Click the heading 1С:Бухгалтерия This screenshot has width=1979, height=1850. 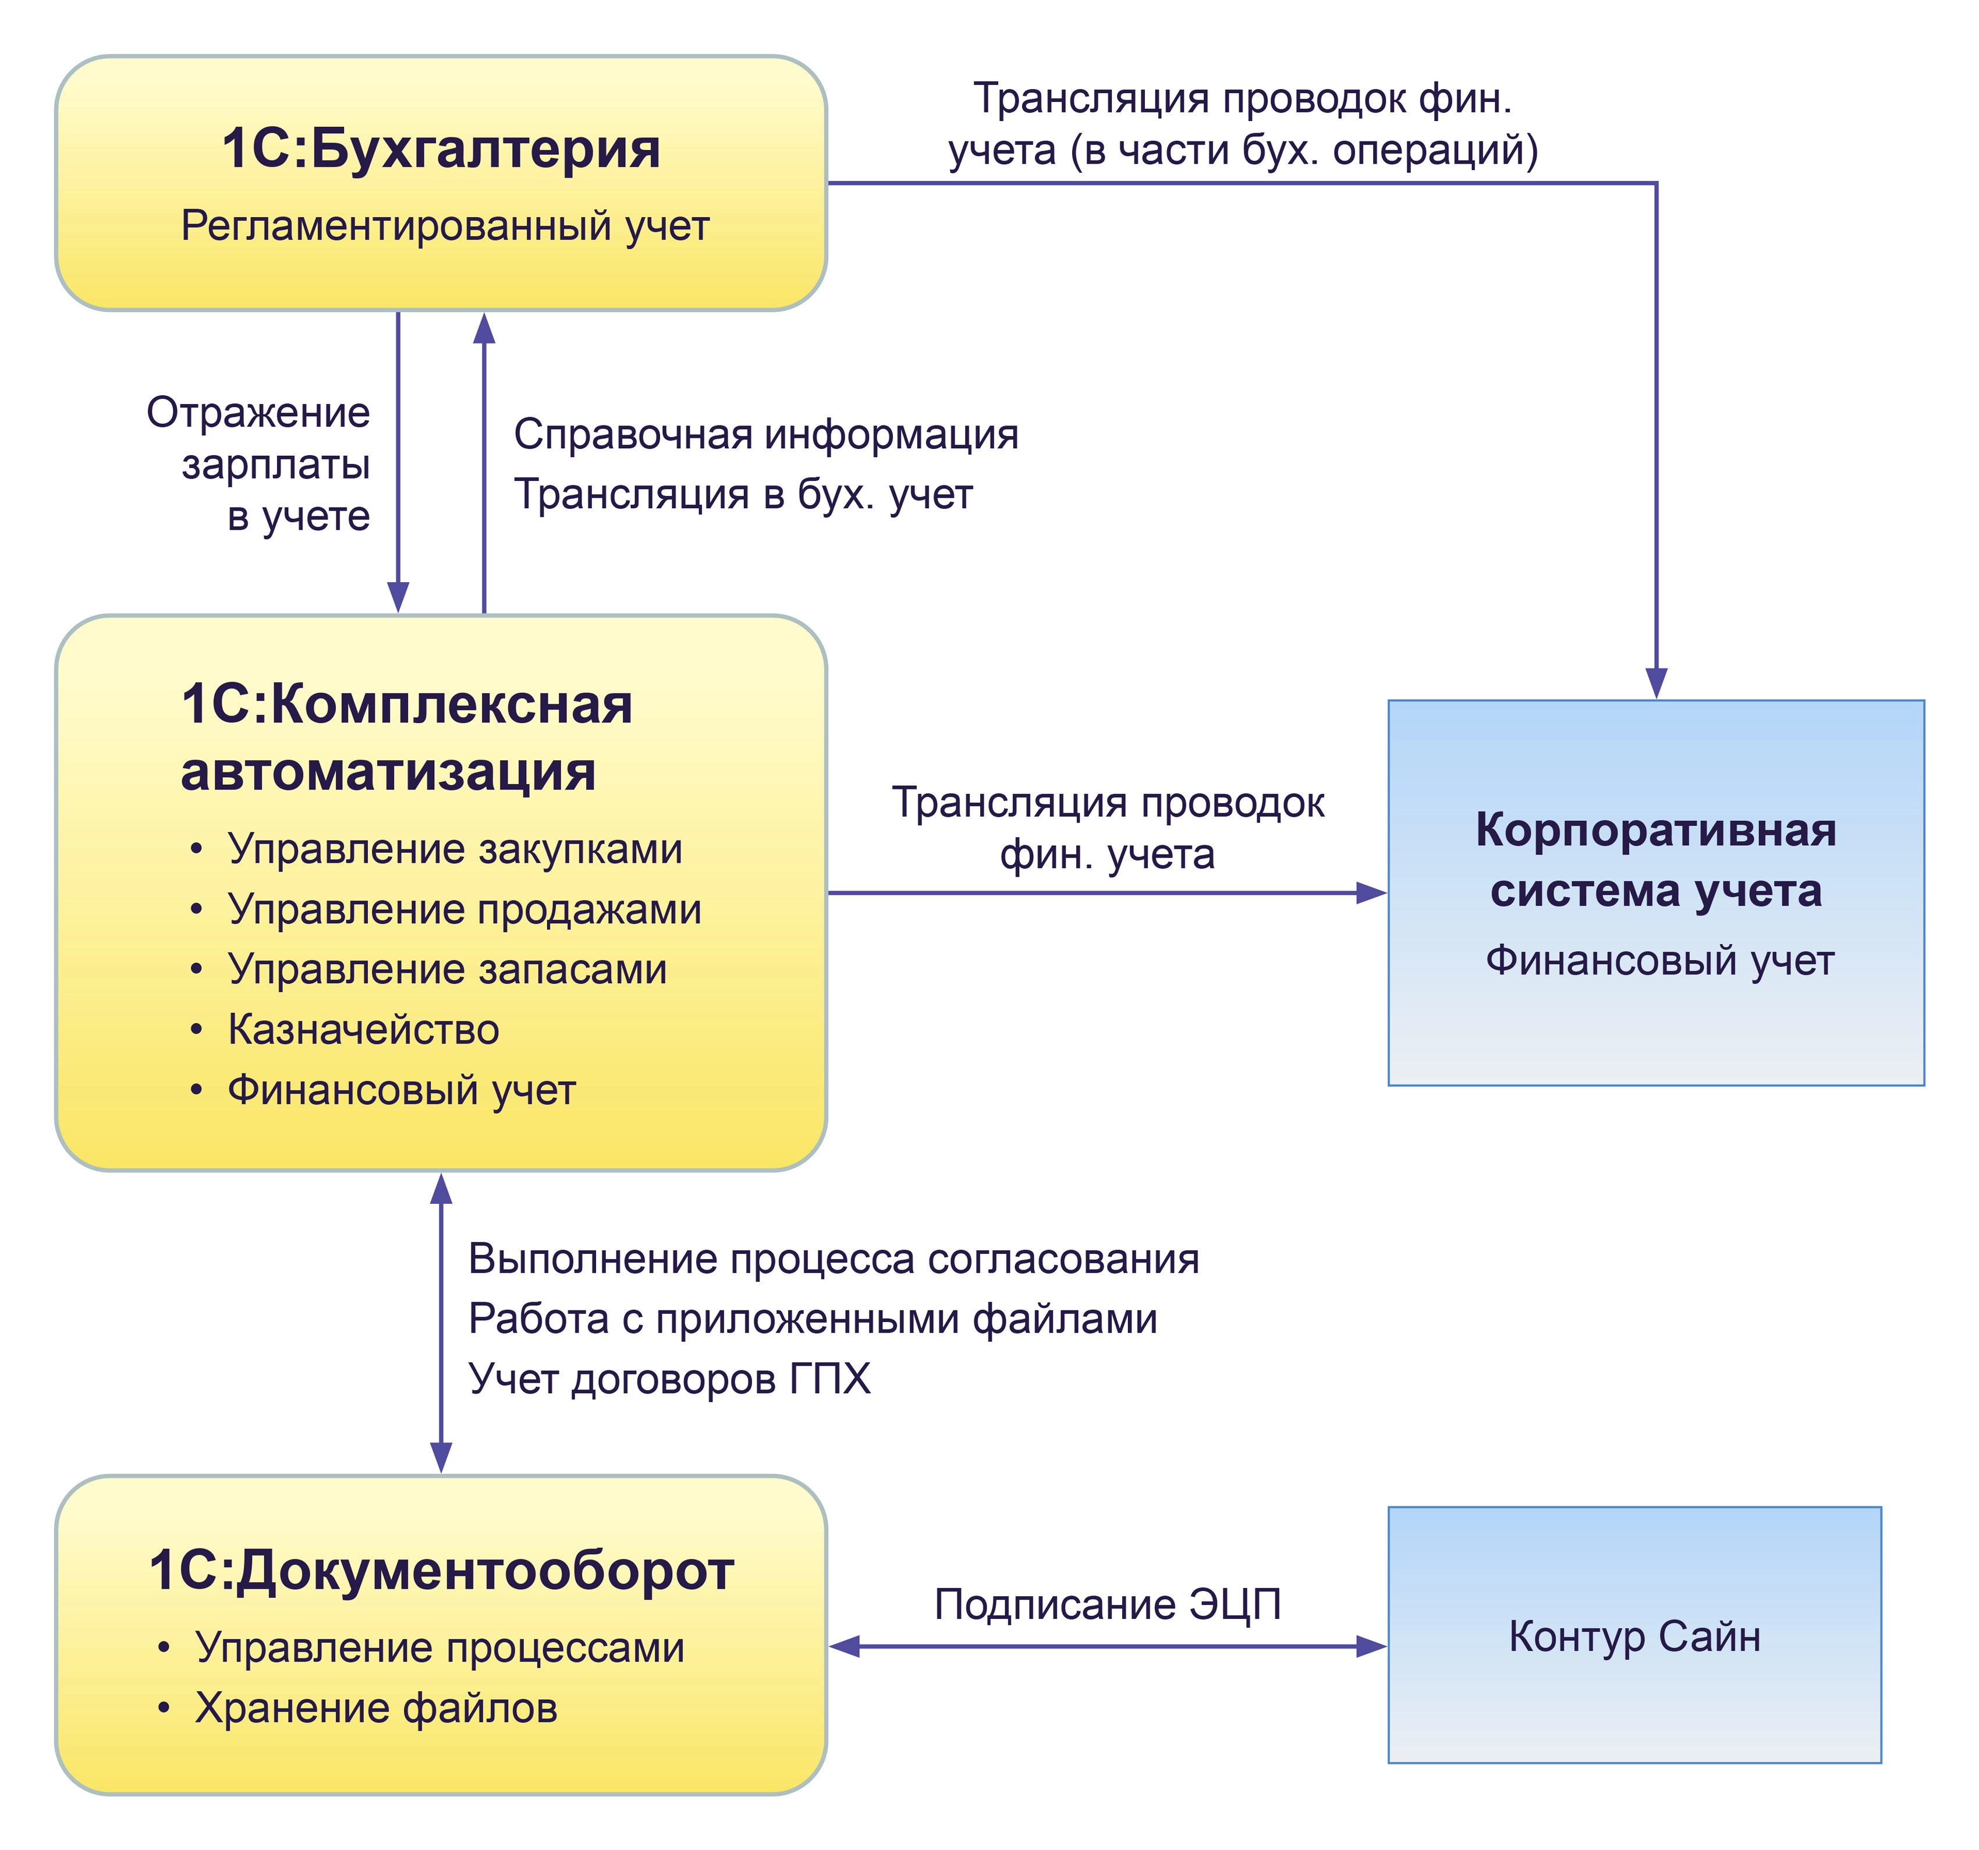coord(441,150)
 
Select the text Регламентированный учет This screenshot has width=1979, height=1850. coord(445,226)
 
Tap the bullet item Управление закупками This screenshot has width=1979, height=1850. coord(455,849)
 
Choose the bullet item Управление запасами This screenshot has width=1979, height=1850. coord(447,969)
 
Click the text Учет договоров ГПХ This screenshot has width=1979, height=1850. coord(669,1379)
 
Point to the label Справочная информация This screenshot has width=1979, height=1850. coord(765,434)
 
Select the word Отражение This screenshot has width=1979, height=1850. coord(258,412)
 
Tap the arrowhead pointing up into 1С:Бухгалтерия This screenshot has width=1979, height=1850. coord(484,328)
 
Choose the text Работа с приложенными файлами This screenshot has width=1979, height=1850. coord(813,1319)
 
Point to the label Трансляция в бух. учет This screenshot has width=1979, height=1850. coord(743,494)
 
